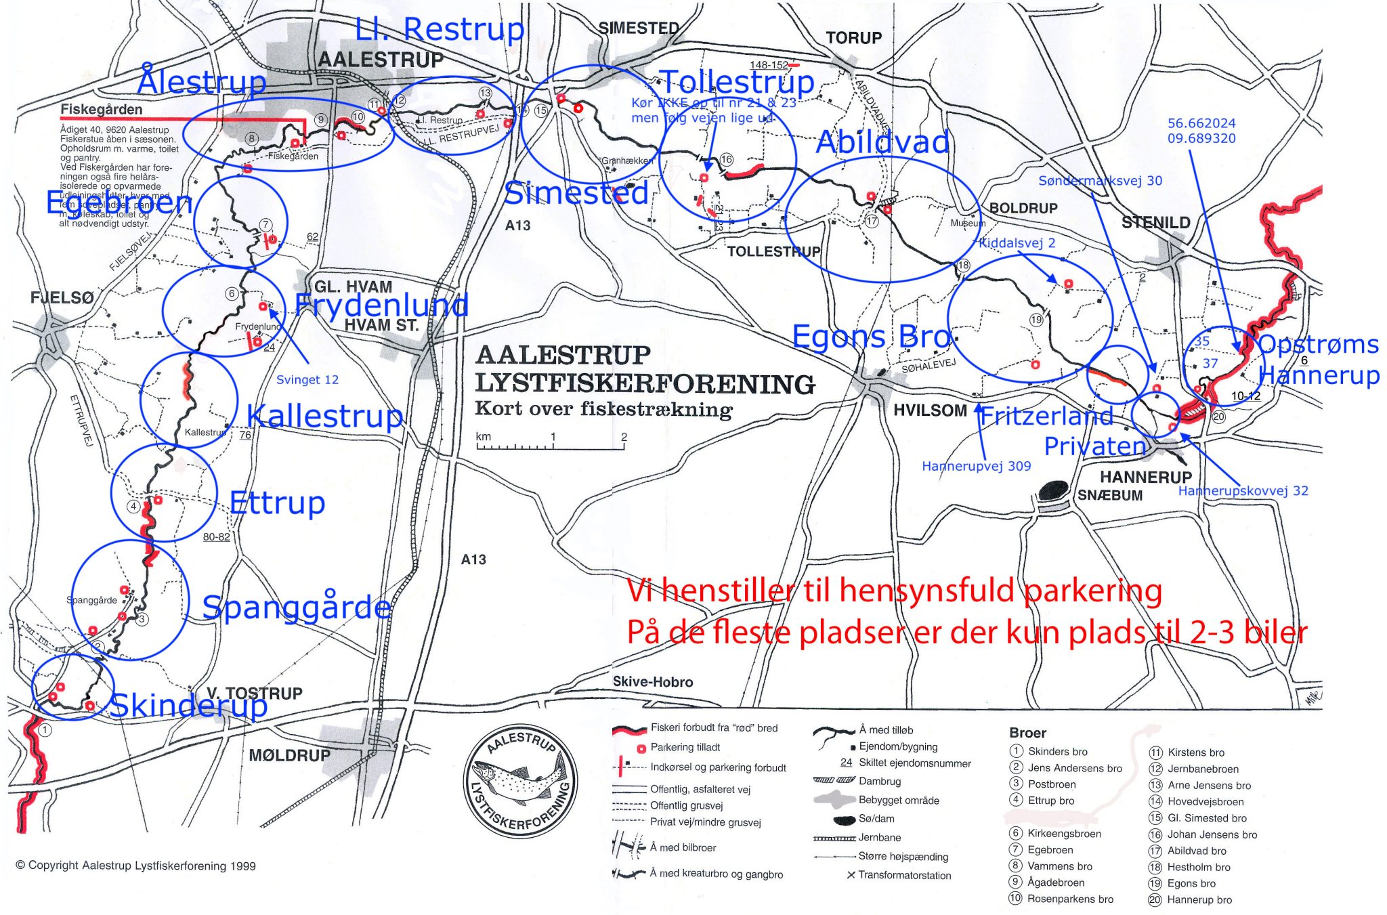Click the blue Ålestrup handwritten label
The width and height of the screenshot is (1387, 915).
click(x=202, y=82)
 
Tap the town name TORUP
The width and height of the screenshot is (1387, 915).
click(x=853, y=38)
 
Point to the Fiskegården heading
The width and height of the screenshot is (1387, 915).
click(x=102, y=110)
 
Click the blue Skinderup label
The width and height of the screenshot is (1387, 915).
click(x=188, y=706)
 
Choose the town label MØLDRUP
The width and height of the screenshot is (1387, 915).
click(x=289, y=755)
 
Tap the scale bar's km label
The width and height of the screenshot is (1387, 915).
click(x=483, y=436)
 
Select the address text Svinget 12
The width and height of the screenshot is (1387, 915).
click(x=307, y=380)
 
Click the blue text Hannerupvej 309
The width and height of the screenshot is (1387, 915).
click(x=976, y=466)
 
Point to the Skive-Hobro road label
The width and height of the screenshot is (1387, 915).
click(x=652, y=682)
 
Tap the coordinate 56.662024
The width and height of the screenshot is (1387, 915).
click(x=1201, y=123)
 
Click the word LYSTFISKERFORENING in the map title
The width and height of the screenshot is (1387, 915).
click(x=645, y=384)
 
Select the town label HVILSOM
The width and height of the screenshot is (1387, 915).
click(x=930, y=410)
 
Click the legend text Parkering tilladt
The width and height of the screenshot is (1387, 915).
click(x=685, y=748)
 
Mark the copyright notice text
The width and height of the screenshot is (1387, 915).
click(x=135, y=866)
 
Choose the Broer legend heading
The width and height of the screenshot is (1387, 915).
click(x=1027, y=733)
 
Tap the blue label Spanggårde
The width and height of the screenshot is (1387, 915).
click(x=297, y=607)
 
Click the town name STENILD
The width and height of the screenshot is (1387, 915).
click(x=1155, y=223)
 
